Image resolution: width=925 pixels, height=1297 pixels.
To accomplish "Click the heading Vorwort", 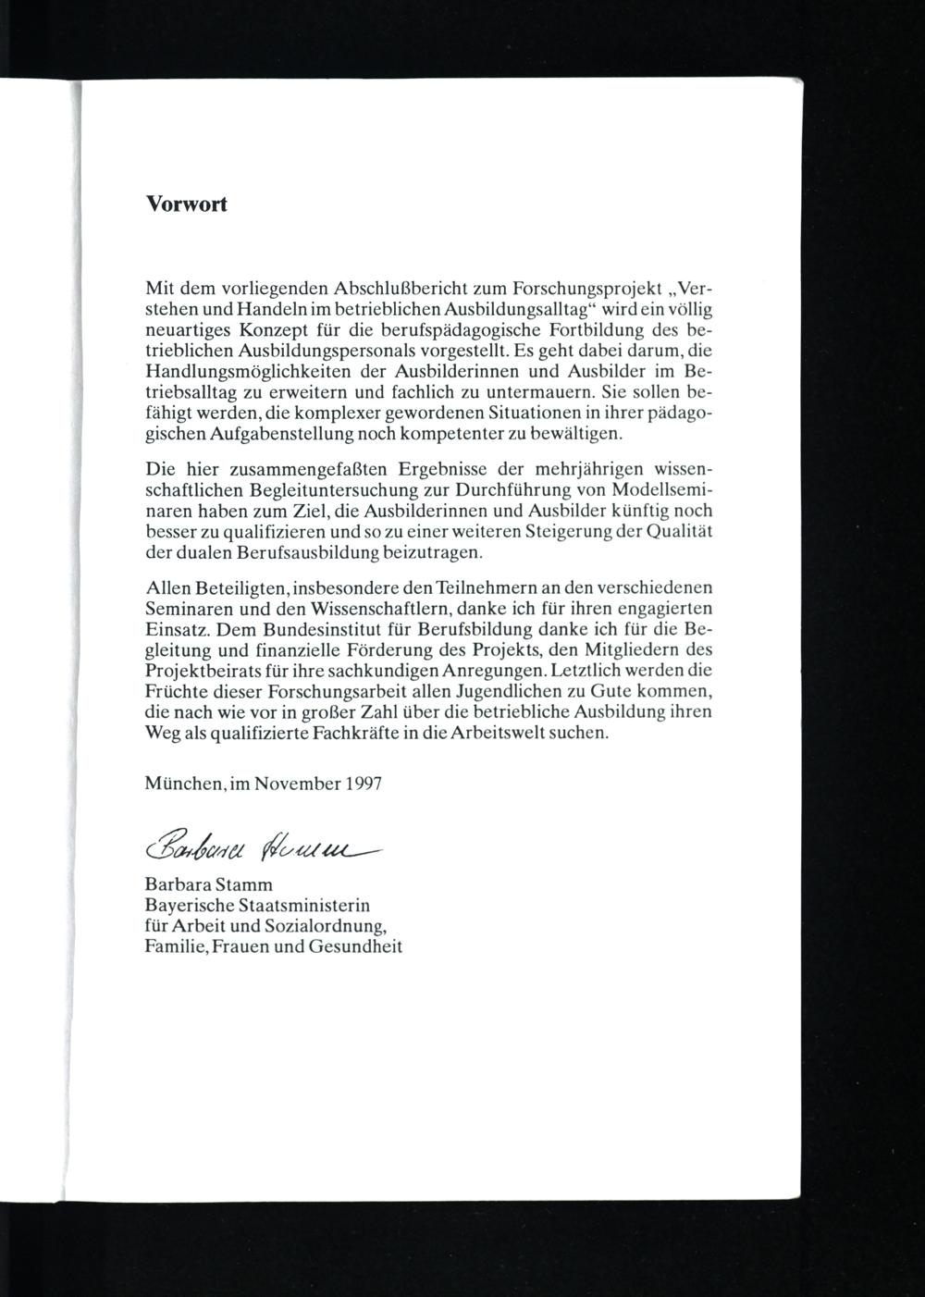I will pos(186,204).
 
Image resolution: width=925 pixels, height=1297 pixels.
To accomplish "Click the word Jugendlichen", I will pos(522,692).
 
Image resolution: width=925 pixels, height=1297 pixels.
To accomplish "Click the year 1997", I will pos(364,783).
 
